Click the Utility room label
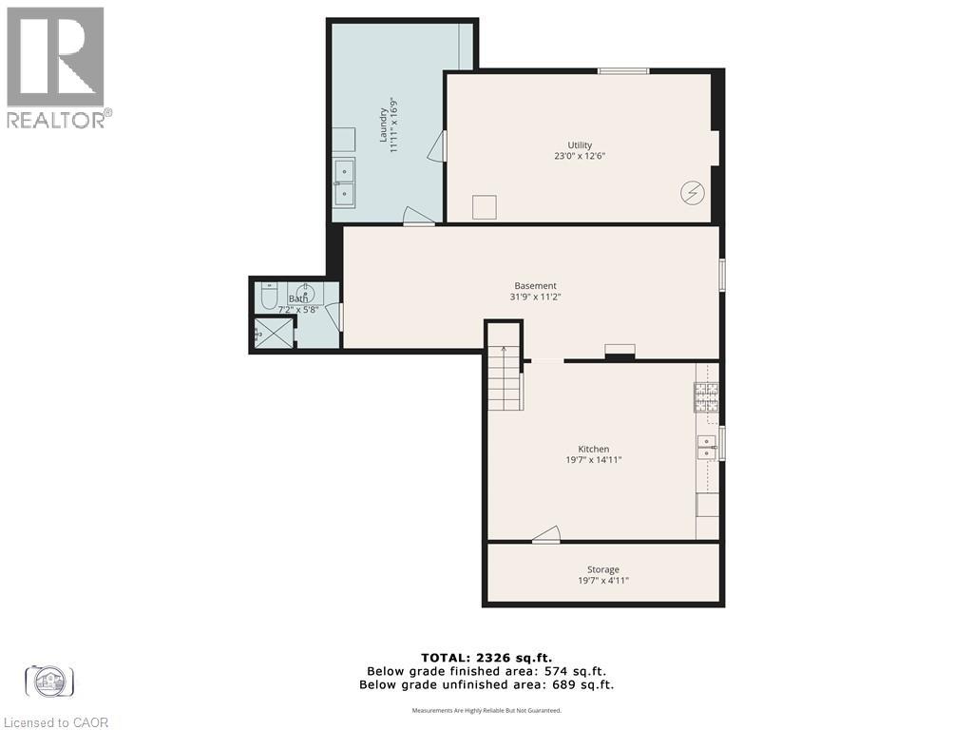point(580,144)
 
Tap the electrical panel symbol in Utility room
point(693,193)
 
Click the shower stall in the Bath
point(274,333)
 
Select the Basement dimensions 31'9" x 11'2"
point(535,297)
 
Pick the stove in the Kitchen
point(706,397)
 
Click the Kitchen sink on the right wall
point(707,446)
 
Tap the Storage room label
point(602,569)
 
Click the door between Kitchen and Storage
point(546,536)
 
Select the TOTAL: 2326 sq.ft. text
point(486,657)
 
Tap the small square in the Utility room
point(485,207)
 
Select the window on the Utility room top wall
point(623,70)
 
